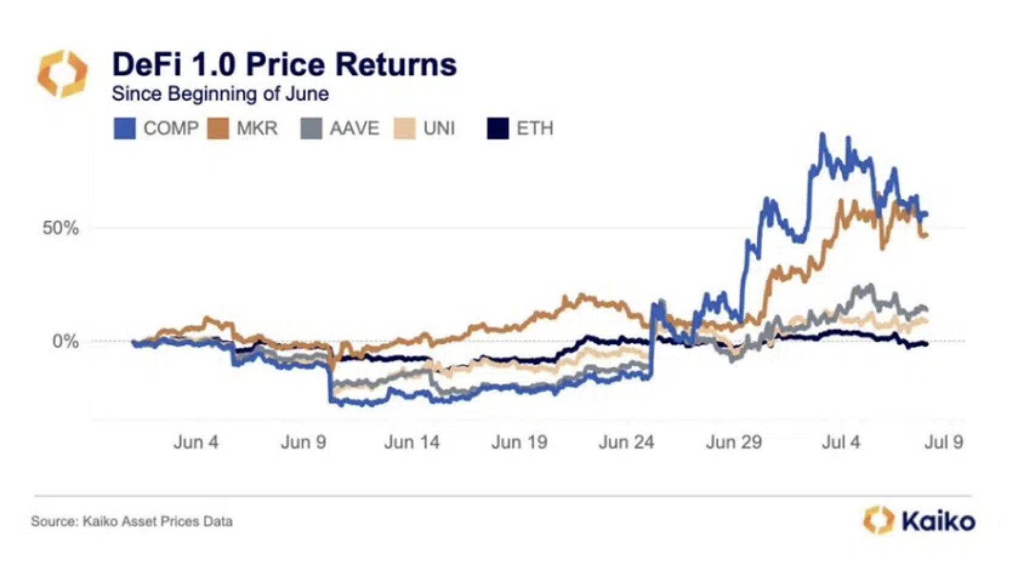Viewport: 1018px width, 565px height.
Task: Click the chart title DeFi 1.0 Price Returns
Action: (x=284, y=64)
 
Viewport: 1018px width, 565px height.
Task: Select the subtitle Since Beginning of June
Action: (x=220, y=94)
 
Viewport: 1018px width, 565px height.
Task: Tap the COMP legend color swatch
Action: (x=124, y=129)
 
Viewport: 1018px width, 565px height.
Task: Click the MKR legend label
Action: (x=257, y=129)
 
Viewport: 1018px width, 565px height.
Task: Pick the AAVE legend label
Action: (x=354, y=129)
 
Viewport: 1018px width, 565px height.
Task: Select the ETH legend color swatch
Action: (x=497, y=129)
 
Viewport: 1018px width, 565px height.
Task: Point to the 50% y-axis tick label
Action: (x=61, y=229)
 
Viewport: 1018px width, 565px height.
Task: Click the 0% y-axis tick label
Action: (x=66, y=341)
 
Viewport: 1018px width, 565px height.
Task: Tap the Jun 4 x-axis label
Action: (x=195, y=442)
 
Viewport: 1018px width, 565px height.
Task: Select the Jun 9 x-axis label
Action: (x=303, y=442)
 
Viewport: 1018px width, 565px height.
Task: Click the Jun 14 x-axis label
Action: (x=411, y=442)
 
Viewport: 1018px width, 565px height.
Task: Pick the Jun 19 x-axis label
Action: (x=519, y=442)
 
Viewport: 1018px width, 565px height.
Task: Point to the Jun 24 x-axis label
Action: (x=626, y=442)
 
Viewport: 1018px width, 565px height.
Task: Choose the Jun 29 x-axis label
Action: (x=733, y=442)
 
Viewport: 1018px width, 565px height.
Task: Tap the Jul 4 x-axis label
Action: (x=841, y=442)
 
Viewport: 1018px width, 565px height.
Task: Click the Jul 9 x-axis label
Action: (x=944, y=442)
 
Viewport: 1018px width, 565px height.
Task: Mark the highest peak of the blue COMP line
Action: (x=823, y=135)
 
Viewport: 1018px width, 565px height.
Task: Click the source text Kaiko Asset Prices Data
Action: (x=132, y=521)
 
